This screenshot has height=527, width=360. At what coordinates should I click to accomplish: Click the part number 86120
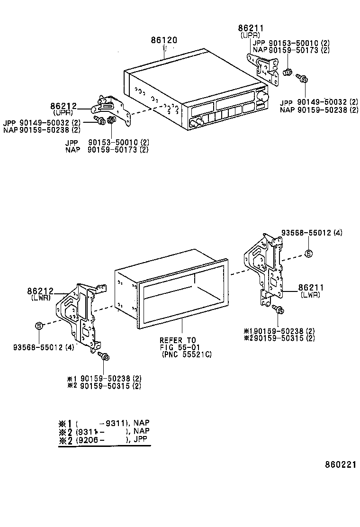tap(164, 41)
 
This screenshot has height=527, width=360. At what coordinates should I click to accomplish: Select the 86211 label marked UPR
tap(250, 29)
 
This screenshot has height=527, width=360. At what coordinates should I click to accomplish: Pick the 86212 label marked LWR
tap(40, 291)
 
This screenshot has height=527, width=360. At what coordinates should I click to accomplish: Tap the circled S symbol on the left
tap(39, 325)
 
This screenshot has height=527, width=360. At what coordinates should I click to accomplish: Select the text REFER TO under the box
tap(177, 340)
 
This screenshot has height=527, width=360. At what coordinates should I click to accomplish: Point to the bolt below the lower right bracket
tap(278, 310)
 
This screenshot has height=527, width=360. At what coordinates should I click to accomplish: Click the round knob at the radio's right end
tap(263, 97)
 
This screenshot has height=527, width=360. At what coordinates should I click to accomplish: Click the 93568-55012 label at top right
tap(311, 233)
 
